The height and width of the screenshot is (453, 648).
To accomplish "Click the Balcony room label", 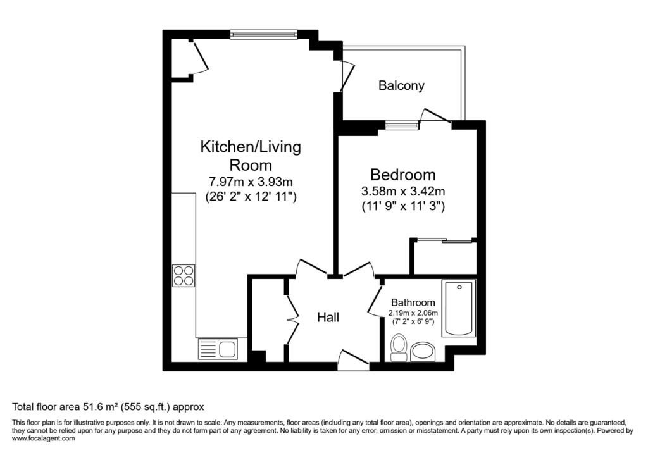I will pos(401,85).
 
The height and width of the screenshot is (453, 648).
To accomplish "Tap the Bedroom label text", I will pos(403,175).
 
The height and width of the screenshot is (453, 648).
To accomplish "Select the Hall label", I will pos(328,317).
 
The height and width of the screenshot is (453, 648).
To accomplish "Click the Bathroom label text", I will pos(413,302).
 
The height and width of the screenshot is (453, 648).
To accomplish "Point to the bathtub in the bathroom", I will pos(458,309).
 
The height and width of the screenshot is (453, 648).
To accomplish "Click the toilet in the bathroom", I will pos(399,348).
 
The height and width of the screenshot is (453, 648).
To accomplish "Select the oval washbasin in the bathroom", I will pos(423,351).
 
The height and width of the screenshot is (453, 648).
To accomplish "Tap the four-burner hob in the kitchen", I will pos(184,275).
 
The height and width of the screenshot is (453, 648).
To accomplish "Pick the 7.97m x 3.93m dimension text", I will pos(251,182).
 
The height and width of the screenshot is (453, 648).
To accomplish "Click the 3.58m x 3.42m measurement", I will pos(403,190).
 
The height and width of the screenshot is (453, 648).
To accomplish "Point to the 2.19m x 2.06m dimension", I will pos(413,313).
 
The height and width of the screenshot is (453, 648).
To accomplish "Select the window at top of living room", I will pos(263,35).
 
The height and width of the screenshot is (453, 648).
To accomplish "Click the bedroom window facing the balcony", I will pos(402,125).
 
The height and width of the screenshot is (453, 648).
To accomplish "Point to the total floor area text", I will pos(108,407).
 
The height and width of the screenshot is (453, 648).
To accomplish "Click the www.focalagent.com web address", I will pos(44,438).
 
